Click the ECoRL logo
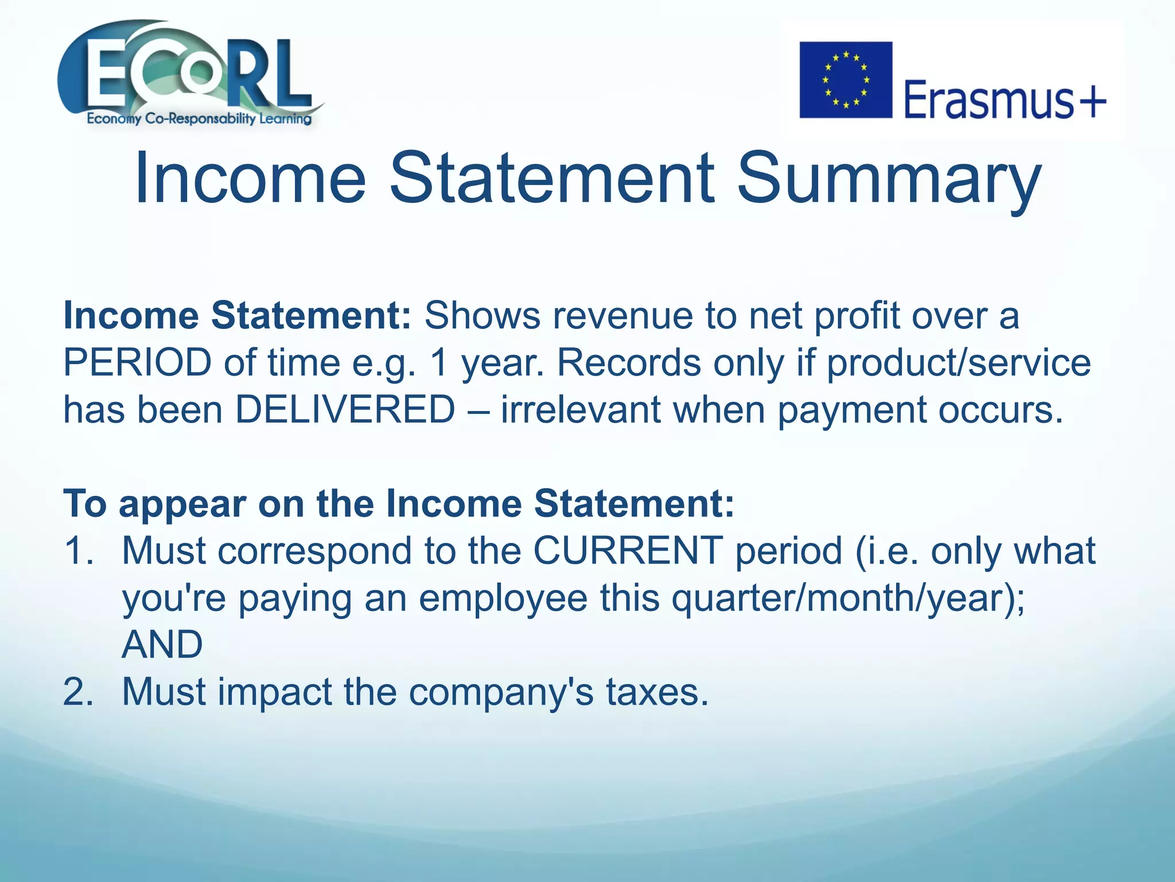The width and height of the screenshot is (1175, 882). click(189, 72)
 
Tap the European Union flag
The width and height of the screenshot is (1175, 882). click(846, 80)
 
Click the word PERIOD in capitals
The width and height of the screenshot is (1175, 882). click(137, 363)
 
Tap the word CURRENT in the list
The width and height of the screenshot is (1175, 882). click(628, 550)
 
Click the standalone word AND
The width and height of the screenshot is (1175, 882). click(162, 644)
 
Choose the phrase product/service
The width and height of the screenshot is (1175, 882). click(959, 363)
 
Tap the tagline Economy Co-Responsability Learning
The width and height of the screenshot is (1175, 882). click(199, 119)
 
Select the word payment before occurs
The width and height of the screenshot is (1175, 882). click(851, 410)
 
